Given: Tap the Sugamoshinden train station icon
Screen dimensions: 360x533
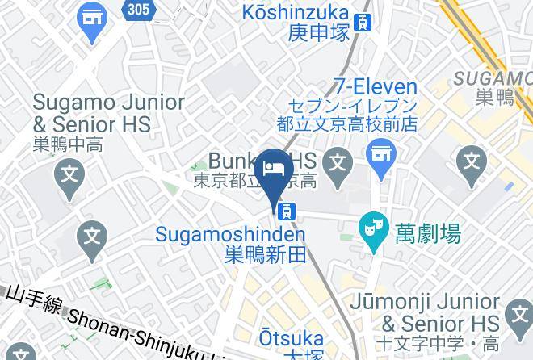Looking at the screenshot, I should pos(286,211).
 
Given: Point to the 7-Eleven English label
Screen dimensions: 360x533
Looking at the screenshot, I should pos(378,87).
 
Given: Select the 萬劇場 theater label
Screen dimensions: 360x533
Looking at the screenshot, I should pos(428,235).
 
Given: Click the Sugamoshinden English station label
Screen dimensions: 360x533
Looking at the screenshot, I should pos(231,235).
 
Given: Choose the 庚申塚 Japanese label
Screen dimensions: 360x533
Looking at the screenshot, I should pos(317,33).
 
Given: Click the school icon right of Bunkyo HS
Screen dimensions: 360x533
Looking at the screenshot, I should pos(340,161).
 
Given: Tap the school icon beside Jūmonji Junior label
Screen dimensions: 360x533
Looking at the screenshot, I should pos(515,312).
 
